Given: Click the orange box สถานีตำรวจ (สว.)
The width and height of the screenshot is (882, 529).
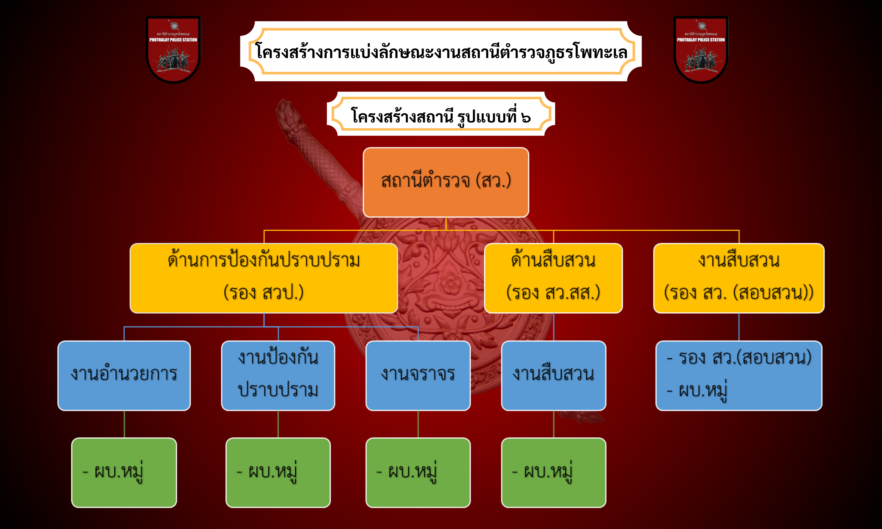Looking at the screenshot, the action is tap(446, 182).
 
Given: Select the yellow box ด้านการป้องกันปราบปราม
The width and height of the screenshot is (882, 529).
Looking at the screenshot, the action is tap(264, 278).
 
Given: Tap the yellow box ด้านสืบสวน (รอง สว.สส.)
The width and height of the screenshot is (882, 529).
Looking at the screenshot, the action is tap(553, 278).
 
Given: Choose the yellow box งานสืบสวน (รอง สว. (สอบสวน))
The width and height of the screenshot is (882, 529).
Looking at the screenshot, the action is tap(739, 278).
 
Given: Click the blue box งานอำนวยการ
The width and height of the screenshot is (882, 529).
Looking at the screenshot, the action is tap(124, 376).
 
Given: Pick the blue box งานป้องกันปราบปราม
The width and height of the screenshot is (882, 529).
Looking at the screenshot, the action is tap(278, 376).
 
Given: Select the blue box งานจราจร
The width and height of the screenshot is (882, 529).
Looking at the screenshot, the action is tap(418, 376).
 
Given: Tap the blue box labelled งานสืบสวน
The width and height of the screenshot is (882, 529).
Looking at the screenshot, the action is tap(554, 376).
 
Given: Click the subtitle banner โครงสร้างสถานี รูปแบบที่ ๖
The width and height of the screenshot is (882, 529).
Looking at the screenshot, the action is tap(441, 114).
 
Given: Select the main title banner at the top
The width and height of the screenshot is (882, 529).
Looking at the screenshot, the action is tap(441, 51).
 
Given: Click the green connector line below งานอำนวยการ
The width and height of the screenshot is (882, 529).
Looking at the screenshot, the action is tap(124, 424).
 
